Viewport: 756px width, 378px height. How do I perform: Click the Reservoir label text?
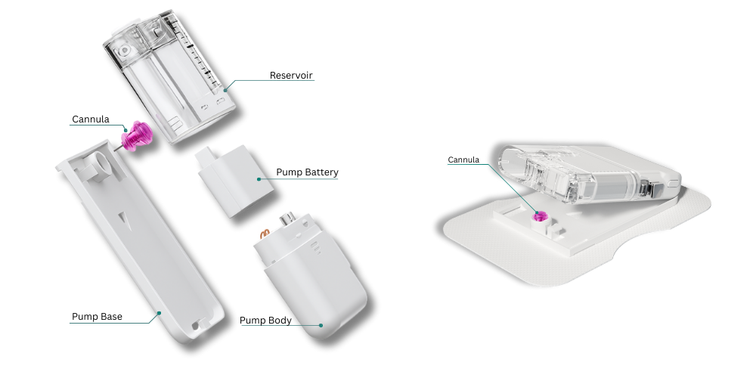pos(291,75)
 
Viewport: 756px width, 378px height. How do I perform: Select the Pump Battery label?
pos(307,172)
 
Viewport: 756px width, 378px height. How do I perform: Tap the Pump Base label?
pos(97,316)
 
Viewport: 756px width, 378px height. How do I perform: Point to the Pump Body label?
pos(265,320)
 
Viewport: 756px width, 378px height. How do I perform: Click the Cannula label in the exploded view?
pos(91,119)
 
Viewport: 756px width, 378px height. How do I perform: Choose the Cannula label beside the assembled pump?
pos(463,160)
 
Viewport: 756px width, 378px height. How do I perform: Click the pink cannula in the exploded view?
pos(136,136)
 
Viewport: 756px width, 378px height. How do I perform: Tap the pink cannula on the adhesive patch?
pos(538,217)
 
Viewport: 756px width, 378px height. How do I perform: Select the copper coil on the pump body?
pos(265,234)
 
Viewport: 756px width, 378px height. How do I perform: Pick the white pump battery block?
pos(236,180)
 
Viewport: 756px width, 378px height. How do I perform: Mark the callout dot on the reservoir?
pos(225,90)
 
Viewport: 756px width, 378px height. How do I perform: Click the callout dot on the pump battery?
pos(259,179)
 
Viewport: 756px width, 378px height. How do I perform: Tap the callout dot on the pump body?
pos(321,325)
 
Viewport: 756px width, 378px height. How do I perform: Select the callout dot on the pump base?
pos(159,313)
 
